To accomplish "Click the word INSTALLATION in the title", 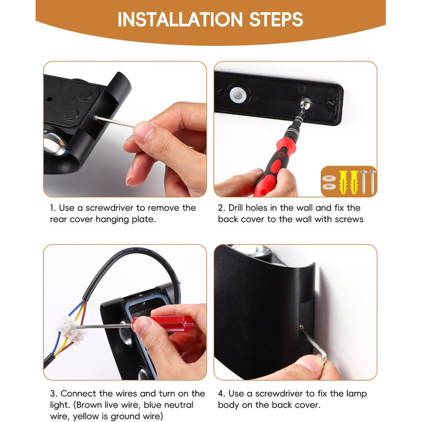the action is pyautogui.click(x=180, y=19).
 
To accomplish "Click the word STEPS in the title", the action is pyautogui.click(x=276, y=19).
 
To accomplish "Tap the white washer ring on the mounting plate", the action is pyautogui.click(x=238, y=95).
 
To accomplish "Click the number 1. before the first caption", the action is pyautogui.click(x=53, y=208).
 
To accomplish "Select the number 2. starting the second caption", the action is pyautogui.click(x=221, y=208).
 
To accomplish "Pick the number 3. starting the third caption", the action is pyautogui.click(x=54, y=394).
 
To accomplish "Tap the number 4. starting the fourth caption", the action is pyautogui.click(x=222, y=394).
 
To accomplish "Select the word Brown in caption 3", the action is pyautogui.click(x=89, y=405).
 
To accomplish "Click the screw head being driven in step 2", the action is pyautogui.click(x=306, y=102).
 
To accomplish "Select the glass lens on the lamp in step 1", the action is pyautogui.click(x=54, y=142).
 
